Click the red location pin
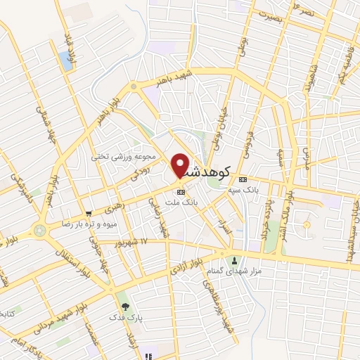[x=181, y=165]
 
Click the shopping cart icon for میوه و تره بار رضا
[x=88, y=214]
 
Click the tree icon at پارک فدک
[x=125, y=306]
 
